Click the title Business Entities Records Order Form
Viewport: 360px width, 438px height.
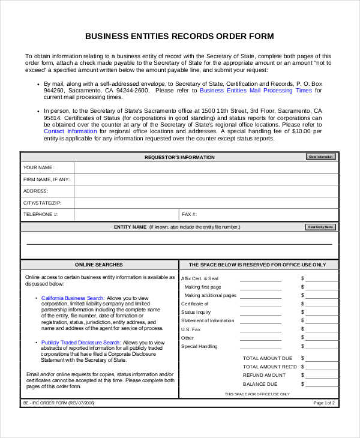click(x=179, y=36)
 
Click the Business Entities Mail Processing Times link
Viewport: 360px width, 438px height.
click(x=256, y=90)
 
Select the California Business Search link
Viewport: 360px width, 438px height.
click(x=73, y=298)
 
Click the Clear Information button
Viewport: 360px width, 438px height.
click(x=321, y=157)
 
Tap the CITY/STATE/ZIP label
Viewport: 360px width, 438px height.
click(x=42, y=203)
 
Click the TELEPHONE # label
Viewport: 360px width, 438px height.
click(x=41, y=214)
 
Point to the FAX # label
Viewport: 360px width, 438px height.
click(x=189, y=214)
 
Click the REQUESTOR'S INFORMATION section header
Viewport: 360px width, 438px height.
click(x=179, y=157)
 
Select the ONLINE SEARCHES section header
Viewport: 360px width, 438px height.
click(x=99, y=265)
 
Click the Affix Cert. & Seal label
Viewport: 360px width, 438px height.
click(x=200, y=278)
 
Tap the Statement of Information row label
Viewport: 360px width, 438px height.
click(x=208, y=320)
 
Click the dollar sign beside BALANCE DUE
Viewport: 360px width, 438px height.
click(x=303, y=384)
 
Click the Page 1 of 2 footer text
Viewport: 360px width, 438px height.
click(x=325, y=403)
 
